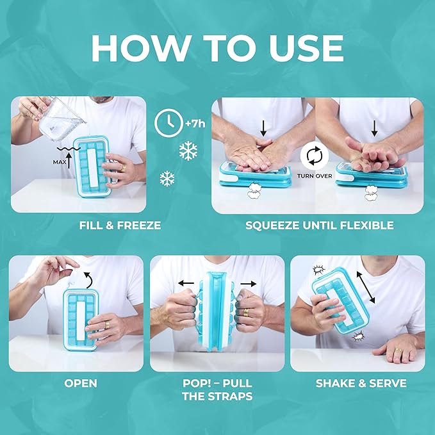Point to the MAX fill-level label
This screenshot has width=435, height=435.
(60, 162)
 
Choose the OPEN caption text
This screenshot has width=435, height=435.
(81, 383)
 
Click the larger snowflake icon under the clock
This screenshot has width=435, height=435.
(187, 151)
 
